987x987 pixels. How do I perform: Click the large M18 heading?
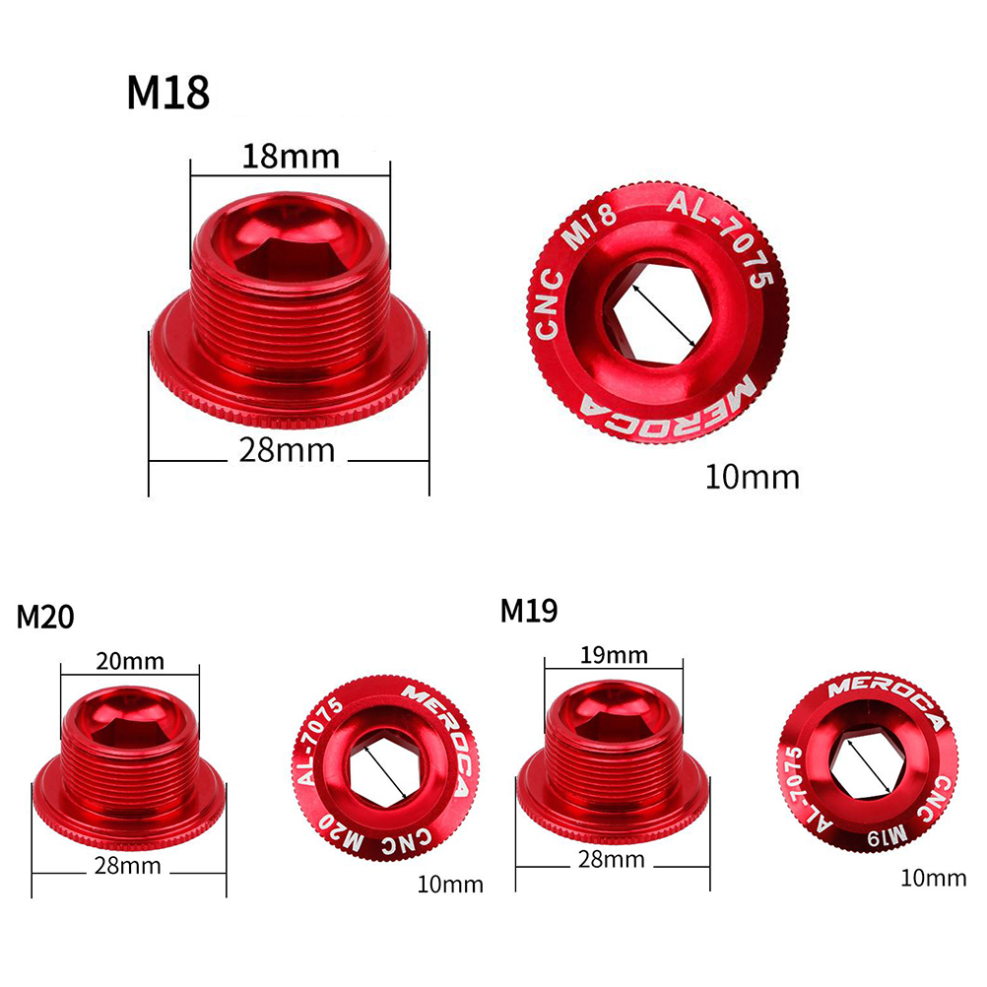point(168,94)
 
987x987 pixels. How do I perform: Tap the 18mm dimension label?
point(291,156)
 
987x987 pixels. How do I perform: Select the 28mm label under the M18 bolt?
point(287,450)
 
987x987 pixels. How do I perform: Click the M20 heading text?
point(45,617)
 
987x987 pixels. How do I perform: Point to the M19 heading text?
point(529,610)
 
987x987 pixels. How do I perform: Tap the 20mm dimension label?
point(130,662)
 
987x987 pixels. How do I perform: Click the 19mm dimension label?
point(614,655)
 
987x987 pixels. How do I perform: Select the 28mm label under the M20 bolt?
point(128,866)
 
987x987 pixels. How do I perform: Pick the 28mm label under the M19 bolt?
point(611,859)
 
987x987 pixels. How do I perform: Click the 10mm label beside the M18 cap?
point(753,477)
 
